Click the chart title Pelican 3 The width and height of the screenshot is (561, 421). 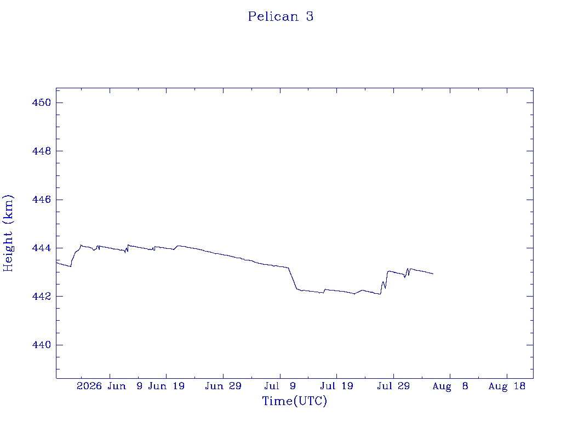click(281, 16)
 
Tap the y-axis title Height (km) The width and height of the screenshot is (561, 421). click(8, 234)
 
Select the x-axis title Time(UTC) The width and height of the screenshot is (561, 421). click(294, 401)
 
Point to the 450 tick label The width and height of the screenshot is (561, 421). click(42, 103)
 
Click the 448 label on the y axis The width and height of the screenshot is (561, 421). click(42, 151)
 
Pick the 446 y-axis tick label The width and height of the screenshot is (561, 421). click(42, 200)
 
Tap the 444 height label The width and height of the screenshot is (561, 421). click(42, 248)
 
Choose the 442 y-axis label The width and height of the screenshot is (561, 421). click(42, 297)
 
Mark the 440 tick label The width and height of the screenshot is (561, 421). click(42, 345)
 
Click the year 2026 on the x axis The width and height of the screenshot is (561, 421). click(89, 386)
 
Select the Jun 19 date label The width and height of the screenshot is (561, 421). click(167, 386)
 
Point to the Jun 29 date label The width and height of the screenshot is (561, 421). click(224, 386)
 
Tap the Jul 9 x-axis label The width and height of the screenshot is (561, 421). click(280, 386)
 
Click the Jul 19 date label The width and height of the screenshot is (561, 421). click(337, 386)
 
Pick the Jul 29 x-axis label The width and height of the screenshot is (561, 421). click(393, 386)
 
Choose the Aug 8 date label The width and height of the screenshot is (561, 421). click(450, 386)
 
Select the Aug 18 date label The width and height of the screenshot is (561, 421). click(507, 386)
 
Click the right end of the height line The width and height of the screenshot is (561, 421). click(433, 274)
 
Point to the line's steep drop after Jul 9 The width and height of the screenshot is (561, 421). click(293, 278)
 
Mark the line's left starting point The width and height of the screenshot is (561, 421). click(56, 263)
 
